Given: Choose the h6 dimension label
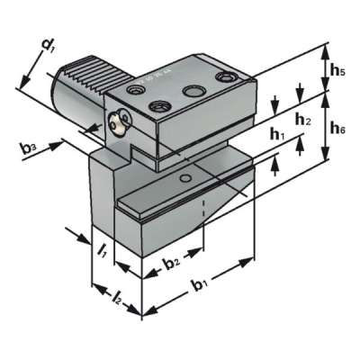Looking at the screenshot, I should click(x=337, y=129).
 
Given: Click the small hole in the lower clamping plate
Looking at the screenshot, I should click(x=185, y=180).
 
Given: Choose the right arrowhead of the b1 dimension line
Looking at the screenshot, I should click(x=249, y=262).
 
